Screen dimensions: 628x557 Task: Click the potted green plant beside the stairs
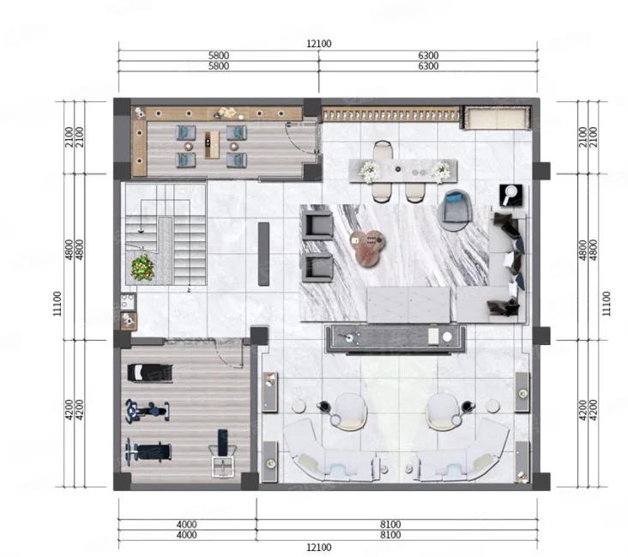(142, 268)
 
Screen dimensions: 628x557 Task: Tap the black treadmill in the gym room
(150, 373)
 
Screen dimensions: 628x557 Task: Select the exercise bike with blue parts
(147, 411)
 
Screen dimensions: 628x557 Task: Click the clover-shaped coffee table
(368, 247)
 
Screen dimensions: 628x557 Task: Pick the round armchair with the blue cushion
(455, 210)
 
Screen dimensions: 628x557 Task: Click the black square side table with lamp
(511, 195)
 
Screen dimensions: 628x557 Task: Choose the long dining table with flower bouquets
(403, 171)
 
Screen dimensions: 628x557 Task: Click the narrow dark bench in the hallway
(263, 254)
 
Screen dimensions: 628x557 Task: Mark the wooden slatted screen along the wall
(391, 115)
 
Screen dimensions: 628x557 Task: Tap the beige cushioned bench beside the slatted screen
(497, 118)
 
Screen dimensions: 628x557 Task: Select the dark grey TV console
(396, 339)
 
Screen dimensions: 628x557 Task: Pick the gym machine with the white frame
(222, 454)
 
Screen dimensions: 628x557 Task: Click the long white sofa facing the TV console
(409, 305)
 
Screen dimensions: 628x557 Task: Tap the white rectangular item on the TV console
(433, 336)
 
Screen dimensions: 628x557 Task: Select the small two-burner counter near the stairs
(129, 302)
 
